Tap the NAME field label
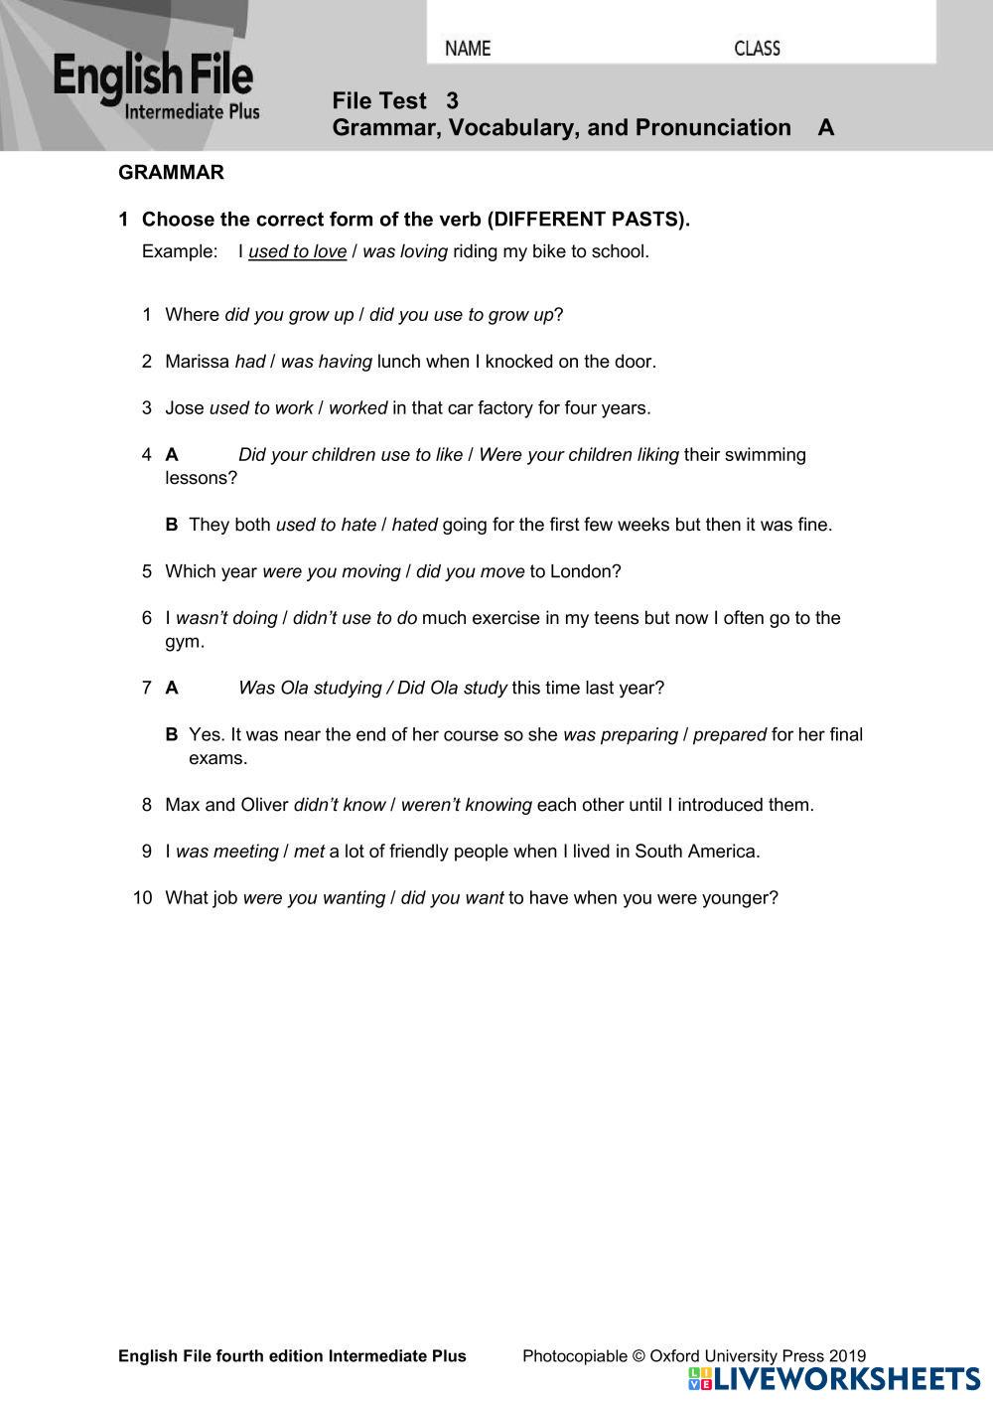pos(468,49)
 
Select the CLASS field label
pos(757,49)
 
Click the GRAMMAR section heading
pos(171,173)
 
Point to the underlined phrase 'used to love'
pos(297,251)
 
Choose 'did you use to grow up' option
pos(461,315)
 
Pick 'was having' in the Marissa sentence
pos(326,362)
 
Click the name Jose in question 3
pos(185,408)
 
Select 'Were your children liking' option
pos(579,455)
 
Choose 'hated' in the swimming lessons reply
pos(414,525)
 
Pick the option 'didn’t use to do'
pos(355,618)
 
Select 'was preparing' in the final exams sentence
pos(620,735)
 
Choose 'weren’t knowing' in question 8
pos(466,805)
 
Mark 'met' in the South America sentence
pos(309,852)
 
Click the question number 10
pos(143,898)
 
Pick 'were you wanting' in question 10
pos(314,898)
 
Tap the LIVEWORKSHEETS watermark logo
pos(833,1379)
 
